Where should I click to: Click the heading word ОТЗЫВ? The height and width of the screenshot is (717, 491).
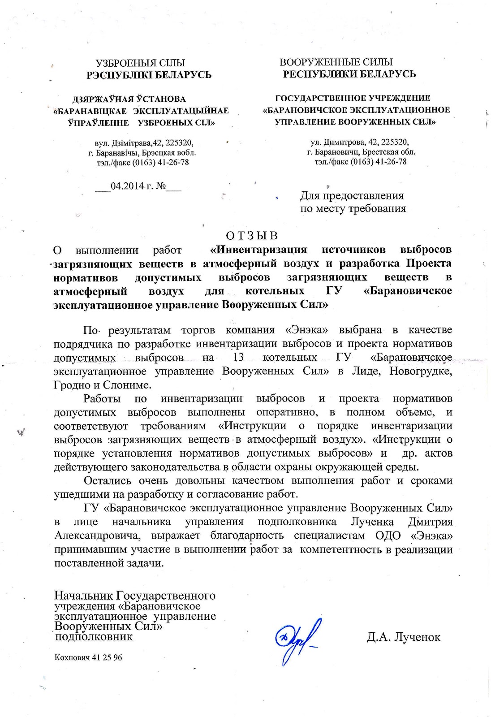point(252,236)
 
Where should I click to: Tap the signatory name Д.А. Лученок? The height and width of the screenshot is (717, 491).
point(403,637)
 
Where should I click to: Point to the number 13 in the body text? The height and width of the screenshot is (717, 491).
point(238,358)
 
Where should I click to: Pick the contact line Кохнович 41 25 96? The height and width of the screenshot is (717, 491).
point(88,657)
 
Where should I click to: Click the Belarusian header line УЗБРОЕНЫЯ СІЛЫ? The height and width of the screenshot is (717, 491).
point(140,63)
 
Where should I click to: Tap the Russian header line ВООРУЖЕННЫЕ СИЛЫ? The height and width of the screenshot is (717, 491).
point(336,62)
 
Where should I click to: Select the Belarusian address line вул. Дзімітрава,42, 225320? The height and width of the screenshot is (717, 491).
point(144,143)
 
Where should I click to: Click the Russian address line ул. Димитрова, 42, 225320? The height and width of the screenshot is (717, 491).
point(359,142)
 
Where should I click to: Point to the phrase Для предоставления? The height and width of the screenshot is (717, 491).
point(352,196)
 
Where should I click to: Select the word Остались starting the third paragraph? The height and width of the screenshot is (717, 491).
point(108,481)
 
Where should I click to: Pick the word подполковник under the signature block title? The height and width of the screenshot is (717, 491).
point(94,636)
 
